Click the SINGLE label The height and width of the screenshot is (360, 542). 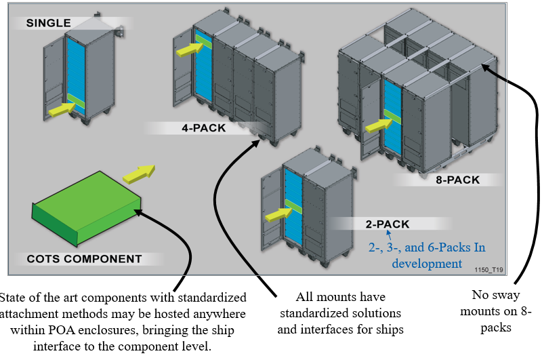[48, 23]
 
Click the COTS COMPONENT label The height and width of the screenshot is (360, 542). [85, 259]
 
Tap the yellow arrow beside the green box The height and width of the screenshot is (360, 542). [139, 173]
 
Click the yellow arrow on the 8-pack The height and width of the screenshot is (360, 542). [375, 125]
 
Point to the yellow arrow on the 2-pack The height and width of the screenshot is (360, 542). [276, 214]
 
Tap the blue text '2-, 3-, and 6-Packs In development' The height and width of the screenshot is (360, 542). [427, 256]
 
